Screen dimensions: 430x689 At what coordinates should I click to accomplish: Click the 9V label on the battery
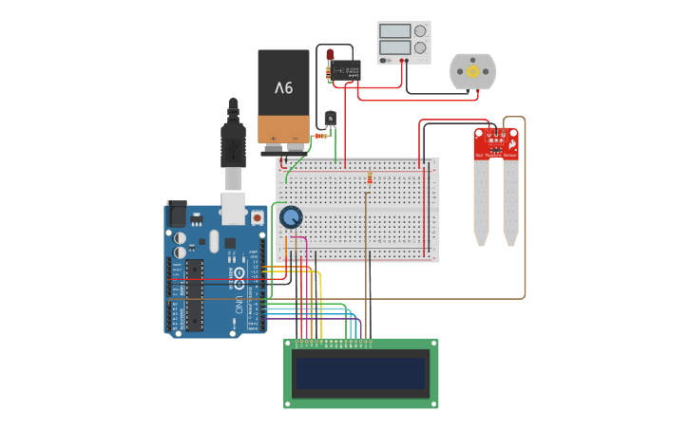point(284,88)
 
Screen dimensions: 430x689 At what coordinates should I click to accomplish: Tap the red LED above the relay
point(330,55)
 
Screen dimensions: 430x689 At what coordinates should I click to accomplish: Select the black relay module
point(346,70)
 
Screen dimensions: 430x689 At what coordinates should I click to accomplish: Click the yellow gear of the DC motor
point(472,71)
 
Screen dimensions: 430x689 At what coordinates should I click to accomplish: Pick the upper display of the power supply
point(394,31)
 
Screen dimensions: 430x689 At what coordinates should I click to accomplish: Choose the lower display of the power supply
point(394,47)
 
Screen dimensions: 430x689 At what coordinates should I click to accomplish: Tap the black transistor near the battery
point(331,119)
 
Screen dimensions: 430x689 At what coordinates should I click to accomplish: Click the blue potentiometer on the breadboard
point(291,218)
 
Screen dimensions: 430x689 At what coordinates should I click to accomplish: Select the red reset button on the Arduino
point(258,217)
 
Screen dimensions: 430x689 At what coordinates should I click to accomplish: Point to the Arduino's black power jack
point(178,215)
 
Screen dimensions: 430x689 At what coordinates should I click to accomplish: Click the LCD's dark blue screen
point(360,374)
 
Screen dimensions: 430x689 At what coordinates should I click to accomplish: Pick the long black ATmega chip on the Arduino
point(195,295)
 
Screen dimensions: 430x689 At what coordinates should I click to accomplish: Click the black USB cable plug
point(233,142)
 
